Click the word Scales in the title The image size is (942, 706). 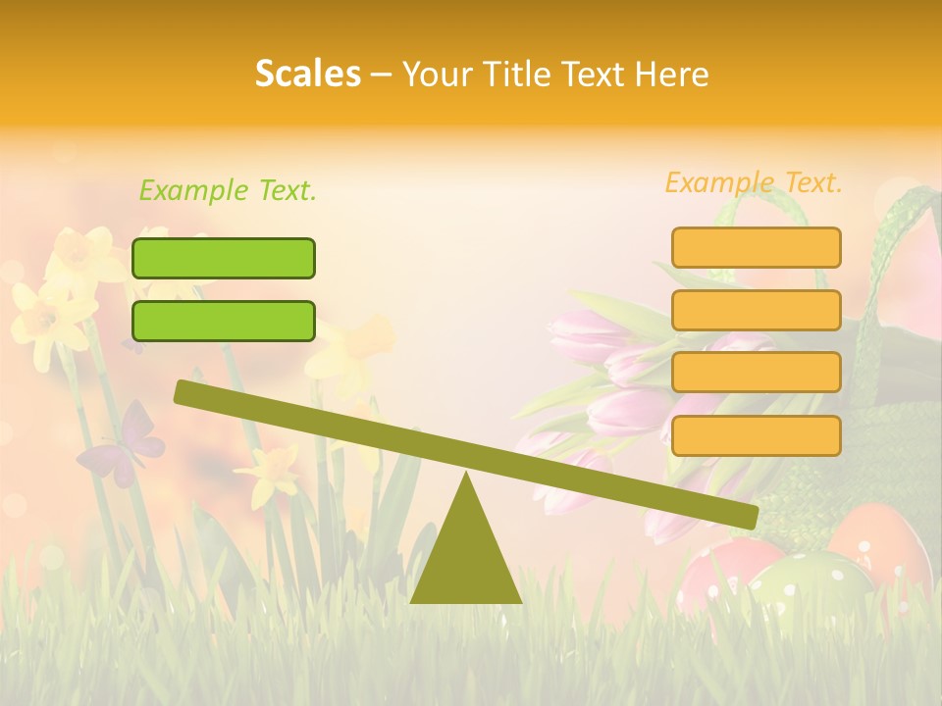tap(307, 74)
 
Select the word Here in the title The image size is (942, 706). tap(671, 74)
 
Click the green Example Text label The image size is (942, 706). tap(228, 190)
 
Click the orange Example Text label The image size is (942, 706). tap(754, 182)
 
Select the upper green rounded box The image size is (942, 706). tap(224, 258)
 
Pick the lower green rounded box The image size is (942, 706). tap(224, 321)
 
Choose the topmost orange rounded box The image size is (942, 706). tap(756, 247)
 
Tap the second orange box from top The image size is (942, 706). tap(756, 310)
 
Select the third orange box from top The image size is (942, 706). tap(756, 372)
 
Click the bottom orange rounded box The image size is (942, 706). tap(756, 435)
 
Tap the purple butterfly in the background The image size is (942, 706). tap(123, 446)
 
